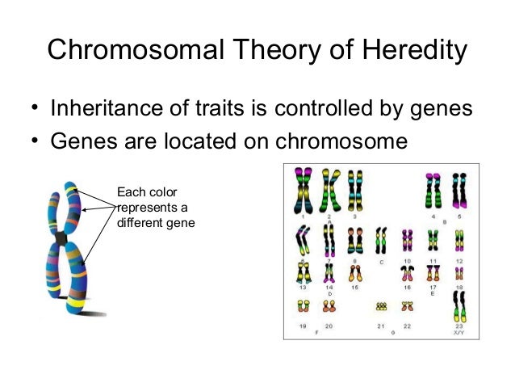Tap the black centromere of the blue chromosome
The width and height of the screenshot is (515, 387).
coord(61,238)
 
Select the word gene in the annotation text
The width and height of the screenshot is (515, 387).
coord(182,221)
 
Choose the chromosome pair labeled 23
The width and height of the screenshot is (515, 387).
coord(458,306)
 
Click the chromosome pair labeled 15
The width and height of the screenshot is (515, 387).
coord(354,273)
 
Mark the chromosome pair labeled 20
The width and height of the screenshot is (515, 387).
coord(329,305)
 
